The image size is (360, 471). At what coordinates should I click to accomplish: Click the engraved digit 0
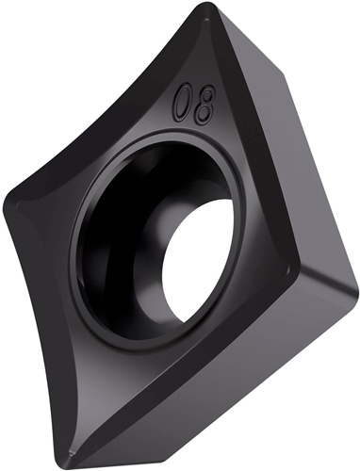183,103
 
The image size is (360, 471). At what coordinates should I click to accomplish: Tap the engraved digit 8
205,105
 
